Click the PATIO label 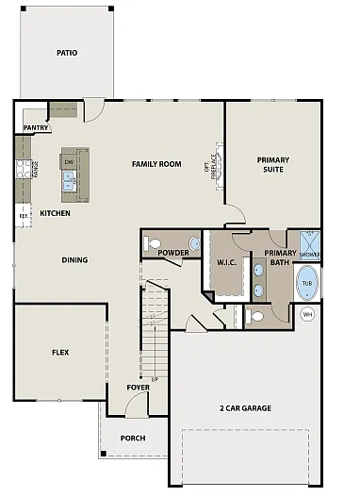click(x=66, y=52)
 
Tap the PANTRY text click(x=36, y=126)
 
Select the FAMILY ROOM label click(x=155, y=164)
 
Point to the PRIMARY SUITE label click(x=273, y=165)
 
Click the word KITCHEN click(x=56, y=214)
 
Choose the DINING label click(x=74, y=260)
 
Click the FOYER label click(x=138, y=388)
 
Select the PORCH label click(x=133, y=438)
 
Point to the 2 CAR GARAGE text click(x=245, y=407)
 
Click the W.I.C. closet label click(x=226, y=261)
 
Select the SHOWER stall click(x=310, y=245)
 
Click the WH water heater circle click(x=307, y=315)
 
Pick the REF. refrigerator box click(x=24, y=215)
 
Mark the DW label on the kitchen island click(x=69, y=162)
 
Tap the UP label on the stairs click(x=155, y=379)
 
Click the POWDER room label click(x=173, y=253)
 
